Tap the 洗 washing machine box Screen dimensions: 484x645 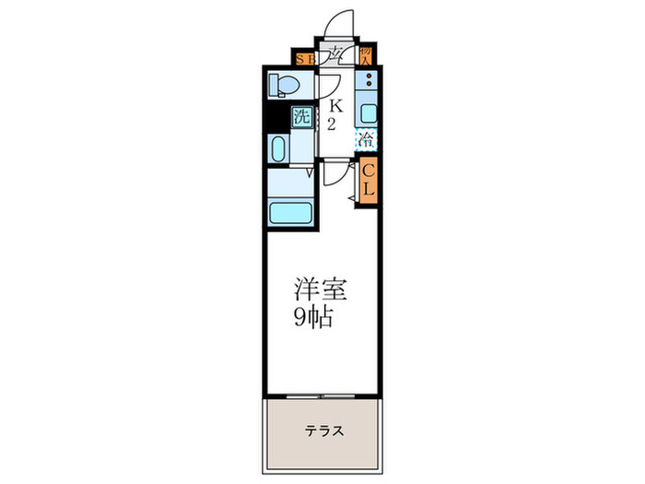(x=300, y=118)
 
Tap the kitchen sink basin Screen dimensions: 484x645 (x=367, y=114)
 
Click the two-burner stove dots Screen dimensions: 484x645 (x=367, y=88)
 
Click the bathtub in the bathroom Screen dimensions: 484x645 (x=292, y=212)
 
